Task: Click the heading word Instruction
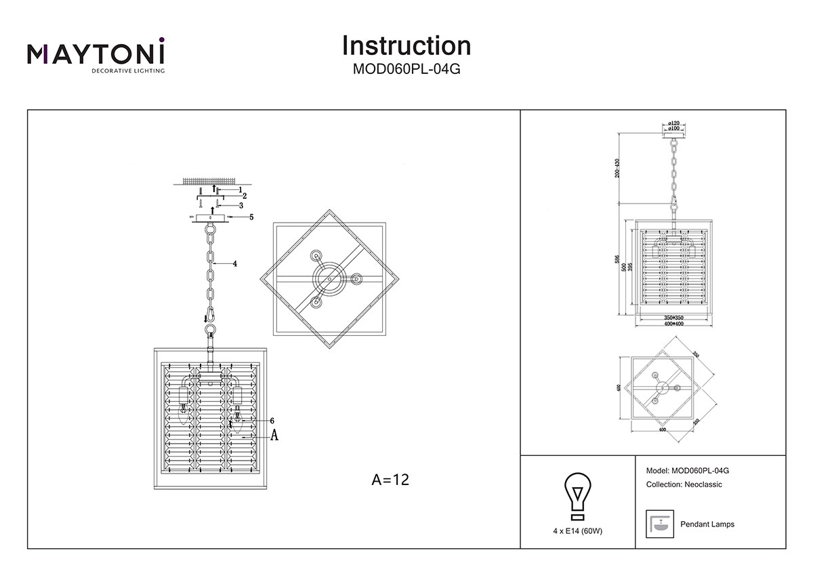coord(406,45)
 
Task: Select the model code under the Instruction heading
coord(406,68)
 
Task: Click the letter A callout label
coord(274,436)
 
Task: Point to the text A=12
coord(391,480)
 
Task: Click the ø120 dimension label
coord(673,123)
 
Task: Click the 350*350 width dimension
coord(673,317)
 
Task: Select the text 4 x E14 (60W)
coord(577,531)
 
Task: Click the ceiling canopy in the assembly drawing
coord(211,217)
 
